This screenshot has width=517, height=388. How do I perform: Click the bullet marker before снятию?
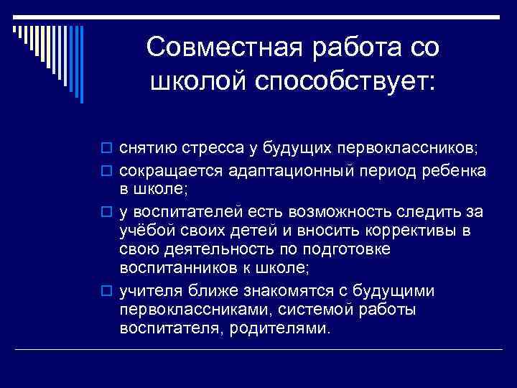click(x=108, y=149)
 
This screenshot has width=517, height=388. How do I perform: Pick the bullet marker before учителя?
click(x=108, y=291)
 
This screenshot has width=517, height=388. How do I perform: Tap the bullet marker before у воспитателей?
click(x=108, y=213)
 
